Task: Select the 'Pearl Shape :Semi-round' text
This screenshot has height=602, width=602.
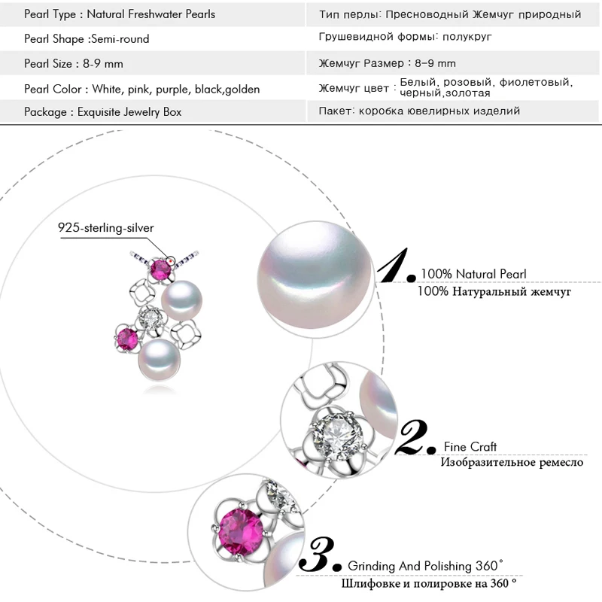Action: click(x=87, y=39)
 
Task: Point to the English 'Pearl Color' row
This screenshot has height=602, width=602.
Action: click(x=141, y=89)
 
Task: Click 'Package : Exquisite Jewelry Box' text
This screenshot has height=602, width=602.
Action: click(x=102, y=112)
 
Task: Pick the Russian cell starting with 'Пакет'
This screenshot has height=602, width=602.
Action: click(x=419, y=111)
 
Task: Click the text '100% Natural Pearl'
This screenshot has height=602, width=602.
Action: click(x=473, y=274)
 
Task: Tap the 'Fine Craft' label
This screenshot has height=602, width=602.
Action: click(x=470, y=447)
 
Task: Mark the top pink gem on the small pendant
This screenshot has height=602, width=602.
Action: click(x=160, y=269)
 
